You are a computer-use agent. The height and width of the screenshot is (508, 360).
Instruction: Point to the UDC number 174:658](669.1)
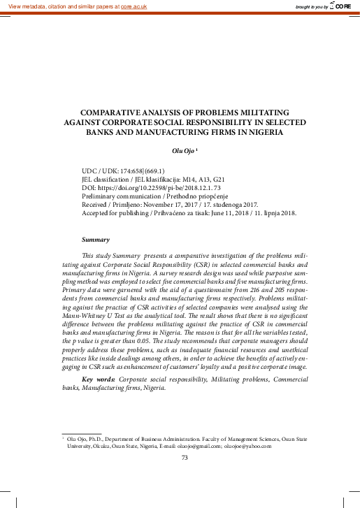139,171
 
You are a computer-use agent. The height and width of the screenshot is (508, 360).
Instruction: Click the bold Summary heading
96,239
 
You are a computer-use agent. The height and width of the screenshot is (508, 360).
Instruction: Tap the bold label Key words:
99,379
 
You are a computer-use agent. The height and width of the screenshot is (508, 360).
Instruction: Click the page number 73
185,458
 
